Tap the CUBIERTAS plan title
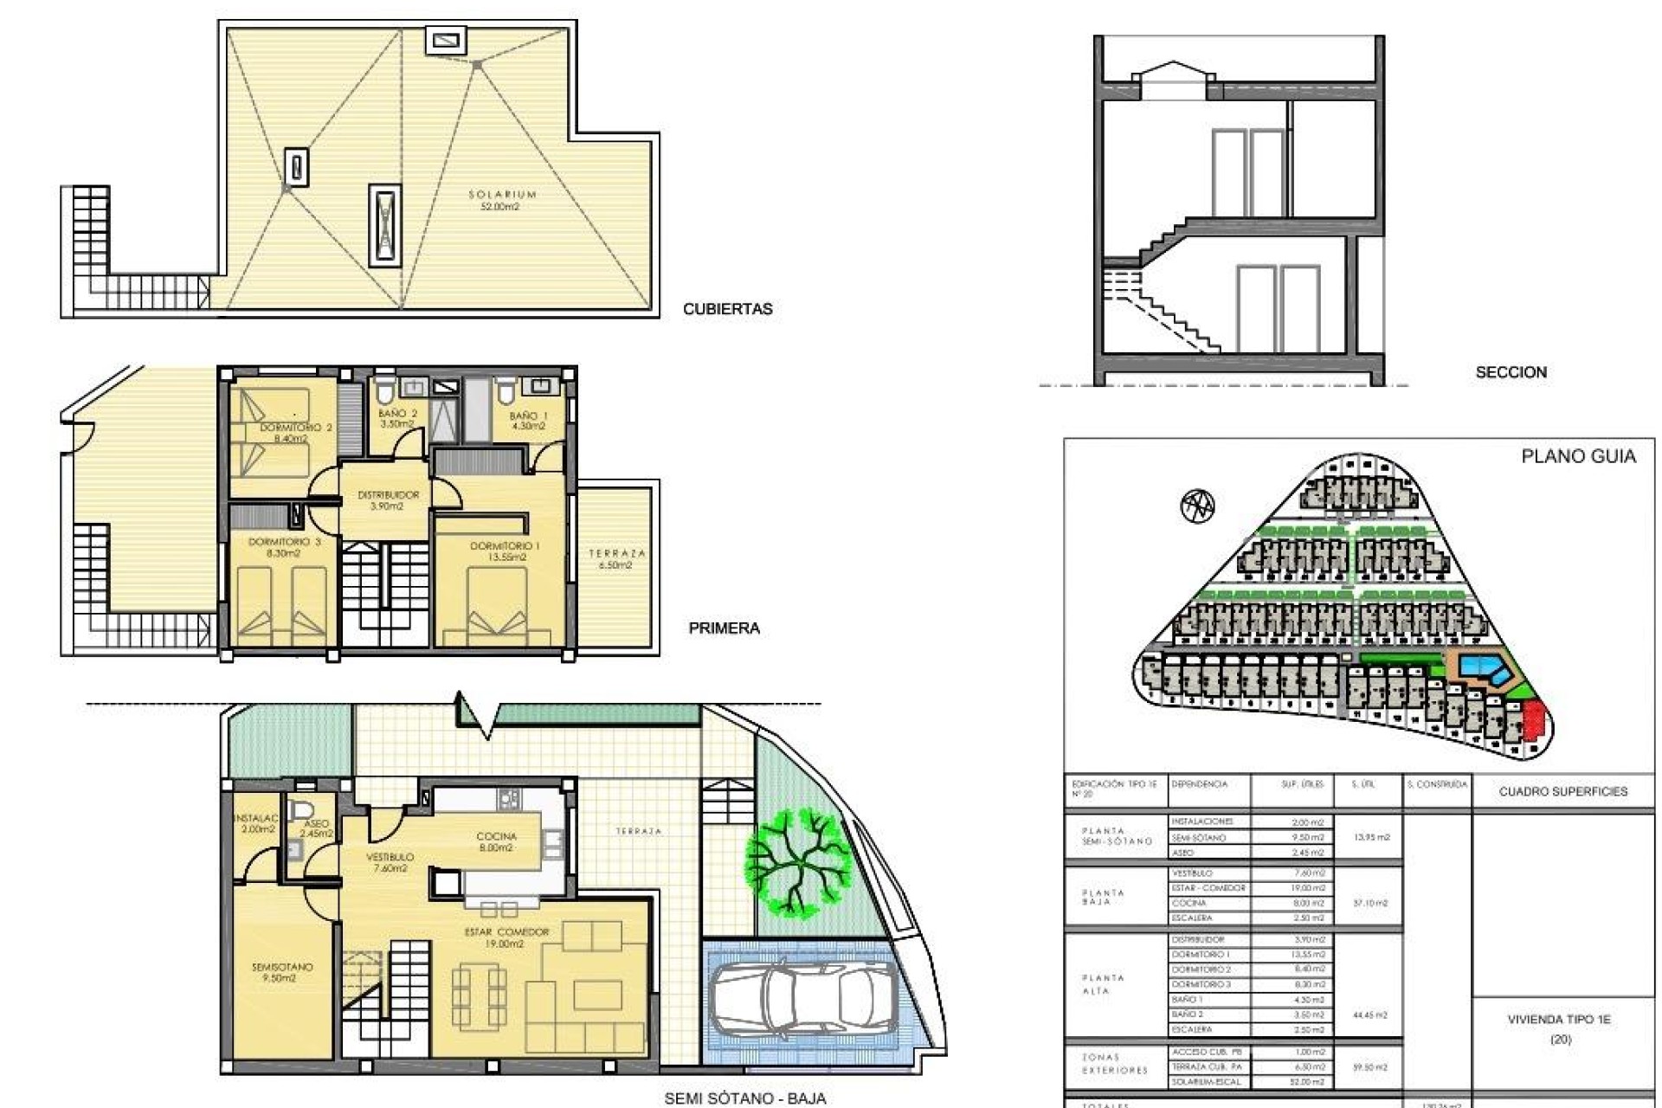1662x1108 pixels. pos(727,309)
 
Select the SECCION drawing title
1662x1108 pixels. pos(1511,372)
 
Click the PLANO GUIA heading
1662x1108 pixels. pos(1578,457)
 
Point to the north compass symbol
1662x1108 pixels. pos(1197,505)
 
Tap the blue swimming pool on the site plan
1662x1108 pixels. pos(1484,667)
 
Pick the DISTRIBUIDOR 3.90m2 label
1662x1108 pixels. pos(388,500)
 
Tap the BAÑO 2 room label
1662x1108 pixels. pos(397,419)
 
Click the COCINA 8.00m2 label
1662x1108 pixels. pos(496,842)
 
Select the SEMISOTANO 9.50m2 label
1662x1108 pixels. pos(282,972)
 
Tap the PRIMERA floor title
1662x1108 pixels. pos(724,628)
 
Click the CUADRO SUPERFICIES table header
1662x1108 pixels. pos(1562,791)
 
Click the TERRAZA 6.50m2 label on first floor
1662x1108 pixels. pos(616,559)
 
